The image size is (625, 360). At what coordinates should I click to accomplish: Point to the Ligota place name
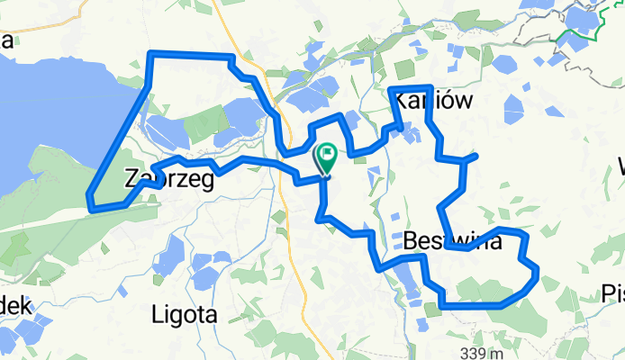pyautogui.click(x=184, y=316)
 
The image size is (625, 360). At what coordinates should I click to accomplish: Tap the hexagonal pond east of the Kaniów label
pyautogui.click(x=503, y=65)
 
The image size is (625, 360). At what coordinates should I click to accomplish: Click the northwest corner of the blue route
pyautogui.click(x=150, y=55)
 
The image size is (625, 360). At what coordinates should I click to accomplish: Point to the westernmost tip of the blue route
pyautogui.click(x=88, y=197)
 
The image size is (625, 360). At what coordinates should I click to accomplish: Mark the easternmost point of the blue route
pyautogui.click(x=537, y=269)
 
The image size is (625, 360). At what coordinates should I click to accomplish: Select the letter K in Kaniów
pyautogui.click(x=397, y=101)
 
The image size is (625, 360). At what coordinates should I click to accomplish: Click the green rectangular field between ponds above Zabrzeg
pyautogui.click(x=205, y=124)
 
